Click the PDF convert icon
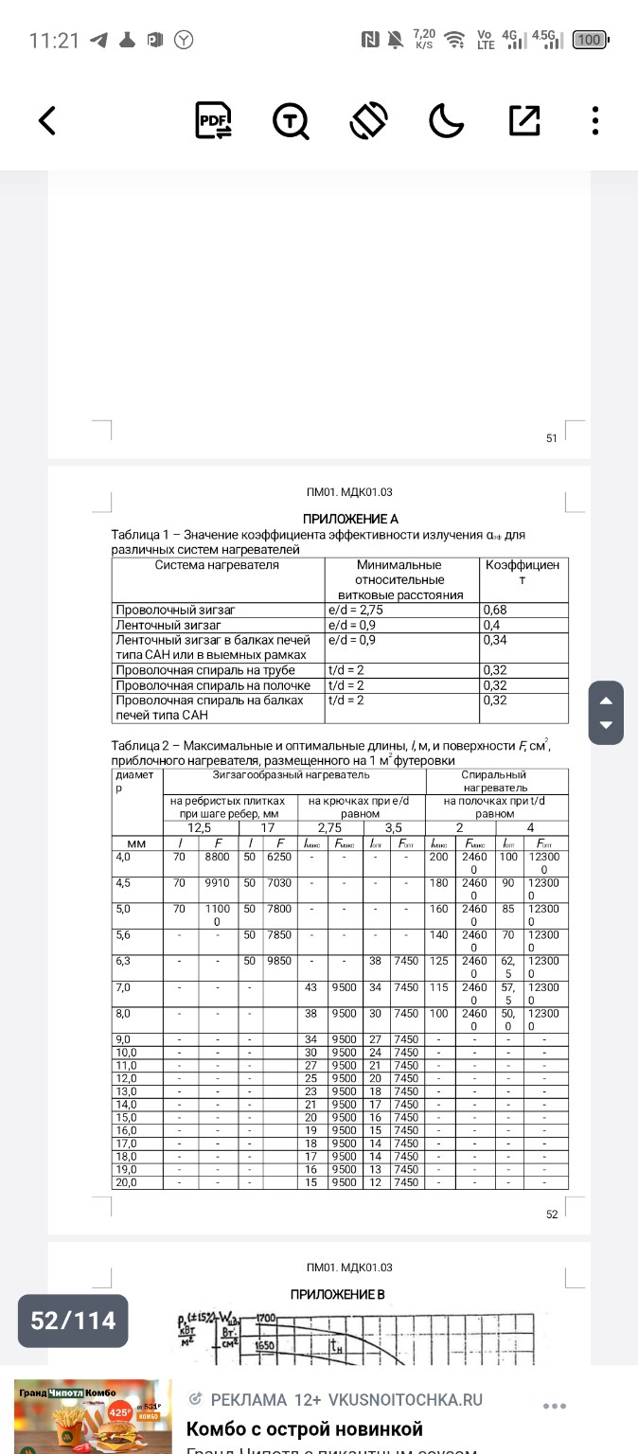(x=213, y=120)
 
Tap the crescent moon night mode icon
(x=445, y=120)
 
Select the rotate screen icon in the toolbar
(x=368, y=120)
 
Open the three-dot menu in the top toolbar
(x=594, y=120)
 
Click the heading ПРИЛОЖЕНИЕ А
(x=350, y=519)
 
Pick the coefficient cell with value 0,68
(x=495, y=611)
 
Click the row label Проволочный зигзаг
(x=175, y=611)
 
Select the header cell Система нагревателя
(x=217, y=565)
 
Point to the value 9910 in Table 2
(x=217, y=883)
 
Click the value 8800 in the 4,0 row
(x=217, y=857)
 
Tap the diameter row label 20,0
(x=126, y=1182)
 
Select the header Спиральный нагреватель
(x=494, y=781)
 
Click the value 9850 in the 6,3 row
(x=280, y=961)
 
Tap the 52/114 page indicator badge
(x=73, y=1321)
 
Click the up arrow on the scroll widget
(x=606, y=701)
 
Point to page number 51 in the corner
(x=552, y=438)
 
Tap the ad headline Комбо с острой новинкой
(x=305, y=1428)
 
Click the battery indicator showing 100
(x=590, y=40)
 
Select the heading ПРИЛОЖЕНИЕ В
(x=337, y=1294)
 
